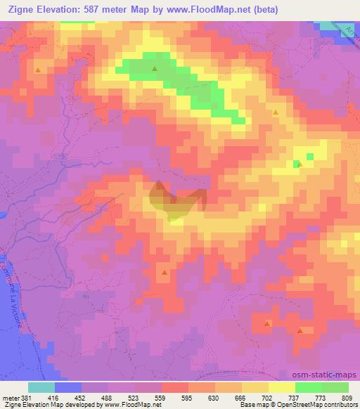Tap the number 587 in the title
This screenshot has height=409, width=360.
click(102, 10)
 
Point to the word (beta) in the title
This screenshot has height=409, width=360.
click(264, 10)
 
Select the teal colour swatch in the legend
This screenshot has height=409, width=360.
click(41, 387)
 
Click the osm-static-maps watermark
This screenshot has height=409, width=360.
click(329, 375)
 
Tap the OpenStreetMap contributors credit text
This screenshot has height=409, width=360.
click(321, 405)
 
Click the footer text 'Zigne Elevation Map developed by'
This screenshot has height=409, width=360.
click(41, 405)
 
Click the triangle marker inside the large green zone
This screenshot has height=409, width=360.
click(155, 69)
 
